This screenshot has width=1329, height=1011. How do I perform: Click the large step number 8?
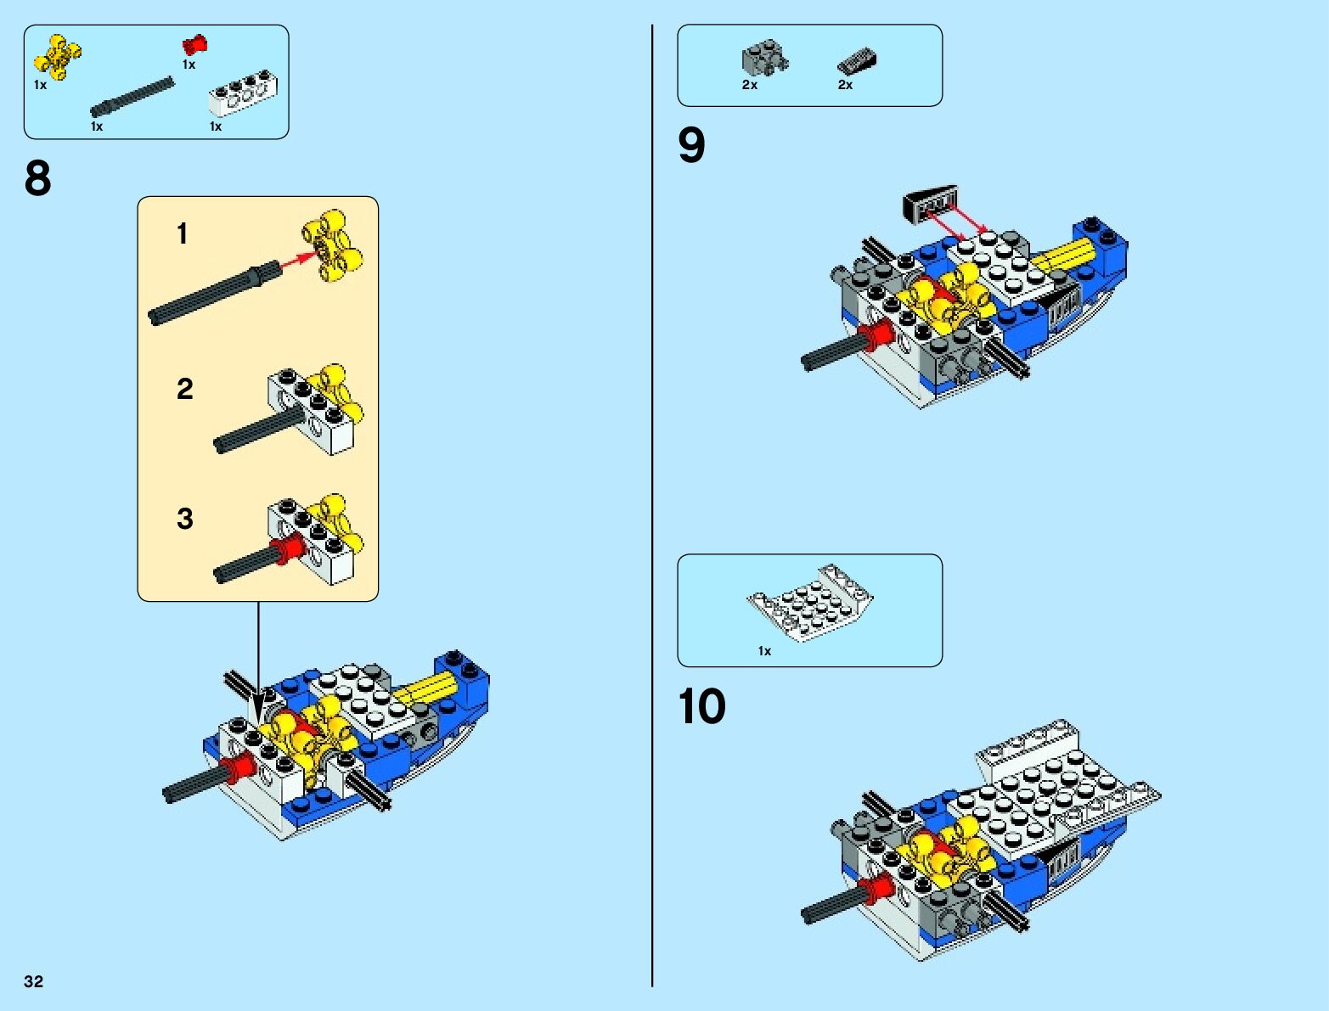tap(37, 179)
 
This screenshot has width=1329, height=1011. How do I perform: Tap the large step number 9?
tap(691, 145)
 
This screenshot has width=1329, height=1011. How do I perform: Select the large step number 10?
tap(701, 706)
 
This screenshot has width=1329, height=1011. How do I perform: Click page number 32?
tap(33, 981)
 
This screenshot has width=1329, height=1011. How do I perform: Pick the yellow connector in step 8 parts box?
tap(57, 56)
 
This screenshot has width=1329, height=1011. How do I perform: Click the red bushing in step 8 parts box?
tap(194, 45)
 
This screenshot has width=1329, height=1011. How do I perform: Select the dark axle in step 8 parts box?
tap(132, 98)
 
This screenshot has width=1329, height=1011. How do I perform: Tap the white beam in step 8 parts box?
tap(243, 94)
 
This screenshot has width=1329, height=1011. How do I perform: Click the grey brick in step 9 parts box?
tap(763, 58)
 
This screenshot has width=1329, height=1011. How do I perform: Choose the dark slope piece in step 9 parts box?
tap(857, 62)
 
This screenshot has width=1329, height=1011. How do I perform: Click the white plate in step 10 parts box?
tap(810, 603)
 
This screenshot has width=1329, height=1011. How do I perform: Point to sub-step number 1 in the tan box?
tap(183, 233)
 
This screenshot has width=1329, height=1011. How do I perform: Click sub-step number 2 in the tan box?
tap(184, 389)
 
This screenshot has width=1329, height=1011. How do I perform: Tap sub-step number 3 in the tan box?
tap(184, 519)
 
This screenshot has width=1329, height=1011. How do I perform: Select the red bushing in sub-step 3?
tap(287, 549)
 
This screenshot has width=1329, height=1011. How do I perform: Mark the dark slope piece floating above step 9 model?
tap(929, 205)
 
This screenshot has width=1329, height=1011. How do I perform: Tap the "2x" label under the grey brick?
tap(749, 85)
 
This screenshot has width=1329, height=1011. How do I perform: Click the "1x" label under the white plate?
tap(764, 651)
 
